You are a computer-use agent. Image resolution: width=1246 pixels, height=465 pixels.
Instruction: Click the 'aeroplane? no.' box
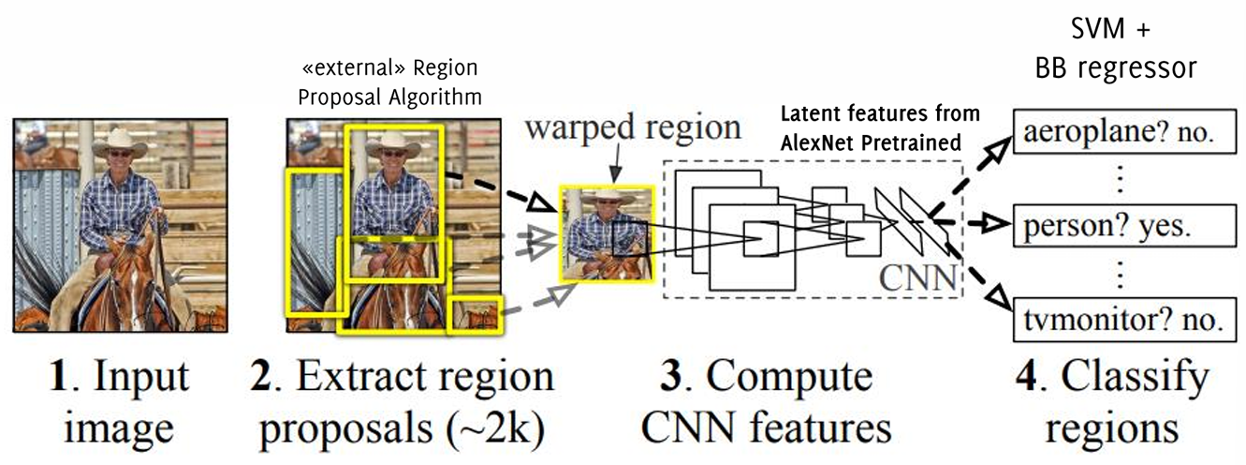click(x=1119, y=136)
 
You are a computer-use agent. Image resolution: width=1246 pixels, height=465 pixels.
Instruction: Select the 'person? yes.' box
click(x=1119, y=226)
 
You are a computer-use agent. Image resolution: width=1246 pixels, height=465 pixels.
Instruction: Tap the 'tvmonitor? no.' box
click(x=1119, y=319)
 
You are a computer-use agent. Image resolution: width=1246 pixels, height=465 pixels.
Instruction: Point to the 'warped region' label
click(x=633, y=128)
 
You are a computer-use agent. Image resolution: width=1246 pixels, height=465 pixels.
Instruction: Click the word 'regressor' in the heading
click(x=1151, y=68)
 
